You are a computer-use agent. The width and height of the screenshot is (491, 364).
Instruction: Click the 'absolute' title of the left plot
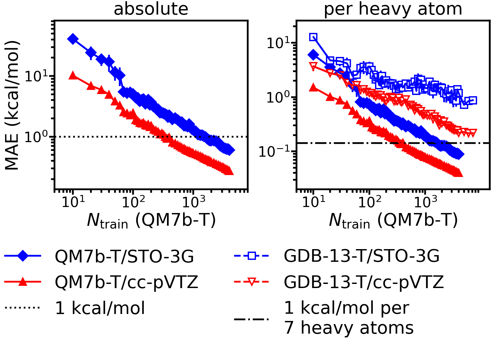[151, 9]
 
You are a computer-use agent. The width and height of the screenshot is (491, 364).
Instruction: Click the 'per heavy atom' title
[393, 9]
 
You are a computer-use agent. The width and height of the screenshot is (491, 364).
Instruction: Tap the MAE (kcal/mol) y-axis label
[12, 105]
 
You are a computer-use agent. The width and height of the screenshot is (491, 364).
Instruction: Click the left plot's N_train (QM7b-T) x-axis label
[151, 220]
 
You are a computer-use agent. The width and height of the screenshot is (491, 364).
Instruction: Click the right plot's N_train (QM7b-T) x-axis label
[393, 220]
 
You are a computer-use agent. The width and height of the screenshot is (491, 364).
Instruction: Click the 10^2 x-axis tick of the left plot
[133, 202]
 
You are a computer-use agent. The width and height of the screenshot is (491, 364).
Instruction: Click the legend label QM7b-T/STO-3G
[124, 256]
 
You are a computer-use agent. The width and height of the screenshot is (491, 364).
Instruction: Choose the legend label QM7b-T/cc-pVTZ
[126, 282]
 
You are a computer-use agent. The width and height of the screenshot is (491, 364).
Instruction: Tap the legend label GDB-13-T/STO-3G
[361, 256]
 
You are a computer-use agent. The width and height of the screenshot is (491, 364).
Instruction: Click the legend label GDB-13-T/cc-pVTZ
[364, 282]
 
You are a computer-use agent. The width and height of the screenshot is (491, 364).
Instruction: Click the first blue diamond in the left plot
[73, 39]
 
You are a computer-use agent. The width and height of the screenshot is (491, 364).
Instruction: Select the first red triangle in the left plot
[73, 75]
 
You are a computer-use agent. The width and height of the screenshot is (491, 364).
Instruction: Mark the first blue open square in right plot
[313, 37]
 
